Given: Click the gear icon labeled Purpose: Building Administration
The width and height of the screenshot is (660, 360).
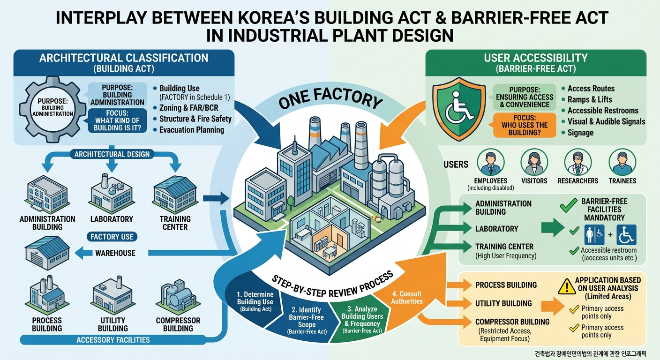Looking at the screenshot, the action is (52, 110).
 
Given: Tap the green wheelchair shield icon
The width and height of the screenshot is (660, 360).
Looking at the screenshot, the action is (459, 109).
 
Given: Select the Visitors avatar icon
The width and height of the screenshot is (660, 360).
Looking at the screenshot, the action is (534, 162).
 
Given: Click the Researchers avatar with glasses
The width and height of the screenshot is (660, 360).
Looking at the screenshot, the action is (578, 162).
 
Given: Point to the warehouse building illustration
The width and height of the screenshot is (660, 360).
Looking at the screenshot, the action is (47, 253).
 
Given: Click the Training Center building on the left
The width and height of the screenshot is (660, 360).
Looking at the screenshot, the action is (175, 195).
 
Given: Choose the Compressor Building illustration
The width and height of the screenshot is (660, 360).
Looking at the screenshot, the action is (178, 296).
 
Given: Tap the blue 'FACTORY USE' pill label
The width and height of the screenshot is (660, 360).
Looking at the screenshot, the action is (112, 237).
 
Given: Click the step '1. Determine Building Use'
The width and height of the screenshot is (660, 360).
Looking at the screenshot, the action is (255, 301).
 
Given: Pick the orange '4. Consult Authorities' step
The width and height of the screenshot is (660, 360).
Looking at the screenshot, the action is (407, 298).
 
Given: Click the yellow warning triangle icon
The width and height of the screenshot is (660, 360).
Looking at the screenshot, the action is (567, 286).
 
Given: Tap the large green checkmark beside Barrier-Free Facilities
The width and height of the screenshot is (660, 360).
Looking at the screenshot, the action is (569, 205).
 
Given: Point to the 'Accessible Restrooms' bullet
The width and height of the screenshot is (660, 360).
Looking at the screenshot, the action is (603, 111).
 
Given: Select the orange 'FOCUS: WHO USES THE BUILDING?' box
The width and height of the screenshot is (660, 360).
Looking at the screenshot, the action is (525, 125).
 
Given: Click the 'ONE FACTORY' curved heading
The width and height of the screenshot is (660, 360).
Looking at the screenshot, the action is (330, 99).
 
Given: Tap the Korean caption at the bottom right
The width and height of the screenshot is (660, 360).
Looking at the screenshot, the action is (590, 353).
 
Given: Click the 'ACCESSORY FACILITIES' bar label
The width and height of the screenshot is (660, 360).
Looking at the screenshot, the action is (113, 340).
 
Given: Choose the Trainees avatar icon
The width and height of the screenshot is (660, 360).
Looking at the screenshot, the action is (622, 162).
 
